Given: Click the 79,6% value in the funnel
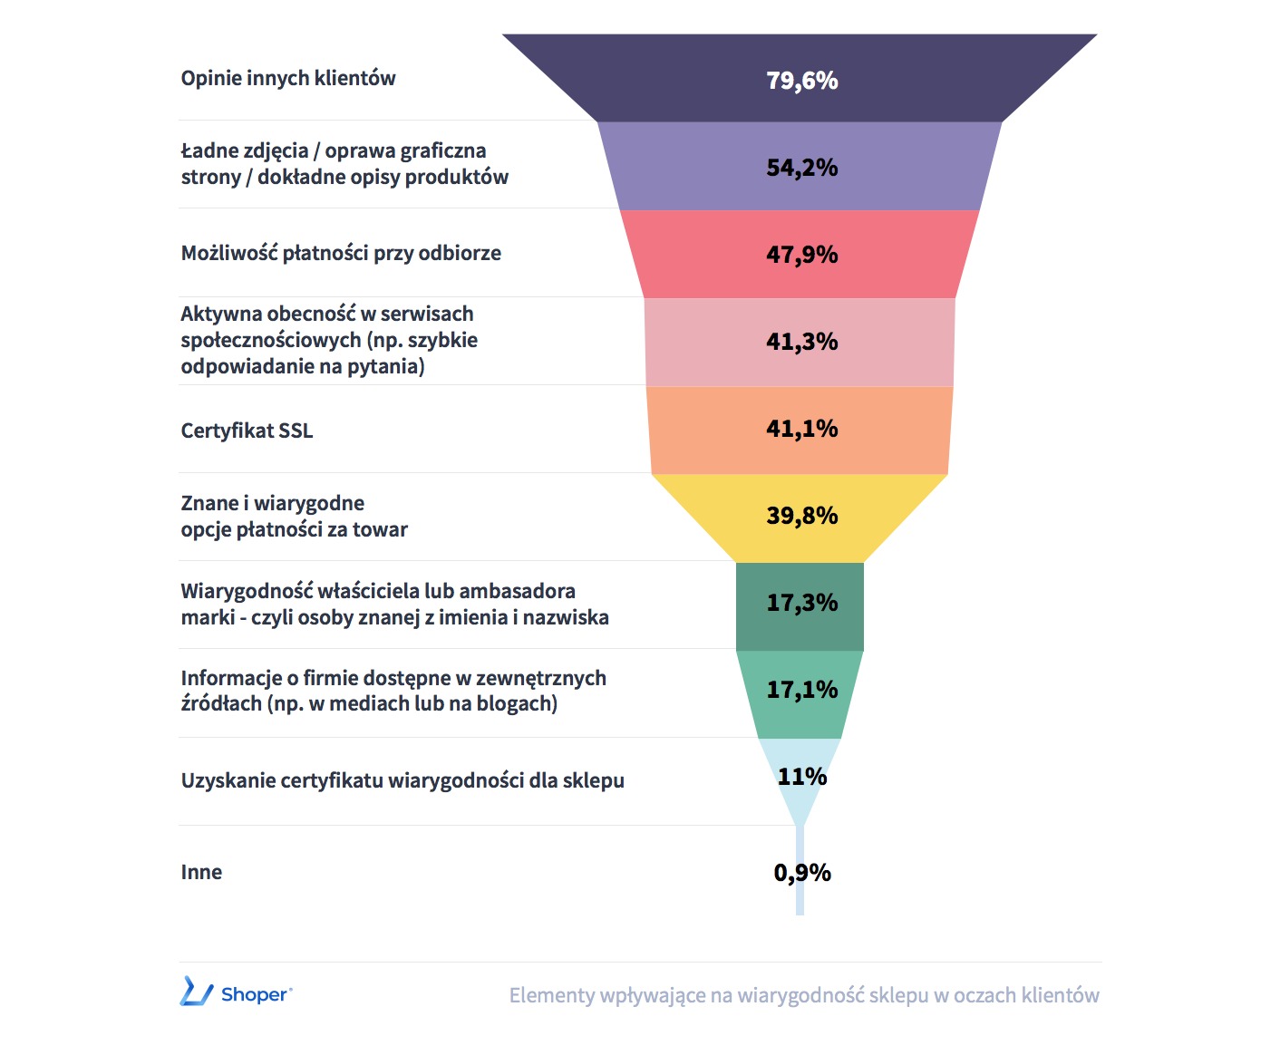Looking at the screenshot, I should pos(801,81).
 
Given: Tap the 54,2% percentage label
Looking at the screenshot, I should pos(801,168).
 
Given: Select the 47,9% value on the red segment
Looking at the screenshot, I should pos(801,255).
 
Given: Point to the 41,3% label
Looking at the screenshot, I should pos(801,342).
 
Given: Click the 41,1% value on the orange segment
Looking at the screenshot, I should pos(801,429).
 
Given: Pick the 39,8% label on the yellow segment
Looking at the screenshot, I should pos(801,516).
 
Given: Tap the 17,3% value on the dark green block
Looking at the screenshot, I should pos(801,603).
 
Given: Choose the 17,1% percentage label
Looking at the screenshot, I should pos(801,690).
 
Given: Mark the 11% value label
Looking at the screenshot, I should pos(801,777).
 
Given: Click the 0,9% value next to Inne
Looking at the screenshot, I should pos(802,873).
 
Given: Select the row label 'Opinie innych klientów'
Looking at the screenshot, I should pos(288,78).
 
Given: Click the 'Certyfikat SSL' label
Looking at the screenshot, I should pos(247,431).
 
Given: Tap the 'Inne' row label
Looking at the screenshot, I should pos(201,872).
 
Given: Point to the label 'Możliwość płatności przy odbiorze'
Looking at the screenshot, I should pos(341,253).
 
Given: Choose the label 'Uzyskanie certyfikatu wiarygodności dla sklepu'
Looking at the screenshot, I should pos(402,780).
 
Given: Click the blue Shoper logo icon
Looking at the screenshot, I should pos(196,992).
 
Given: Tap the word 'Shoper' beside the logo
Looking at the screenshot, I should pos(255,994).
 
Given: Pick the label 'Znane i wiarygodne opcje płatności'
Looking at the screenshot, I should pos(294,516).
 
